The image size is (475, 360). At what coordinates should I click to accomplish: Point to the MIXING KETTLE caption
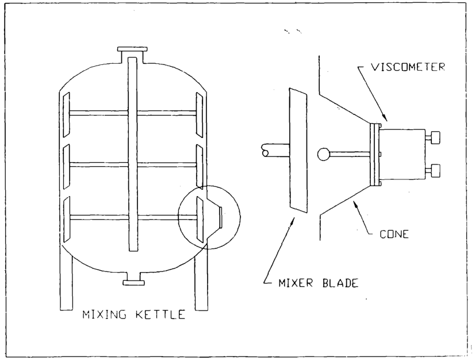click(x=133, y=315)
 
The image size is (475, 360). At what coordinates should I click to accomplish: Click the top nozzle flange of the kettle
click(x=132, y=51)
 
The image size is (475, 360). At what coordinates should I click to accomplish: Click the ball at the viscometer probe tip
click(x=324, y=154)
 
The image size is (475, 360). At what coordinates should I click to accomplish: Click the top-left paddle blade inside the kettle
click(x=66, y=113)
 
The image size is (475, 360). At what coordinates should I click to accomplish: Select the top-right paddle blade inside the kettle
click(x=200, y=113)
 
